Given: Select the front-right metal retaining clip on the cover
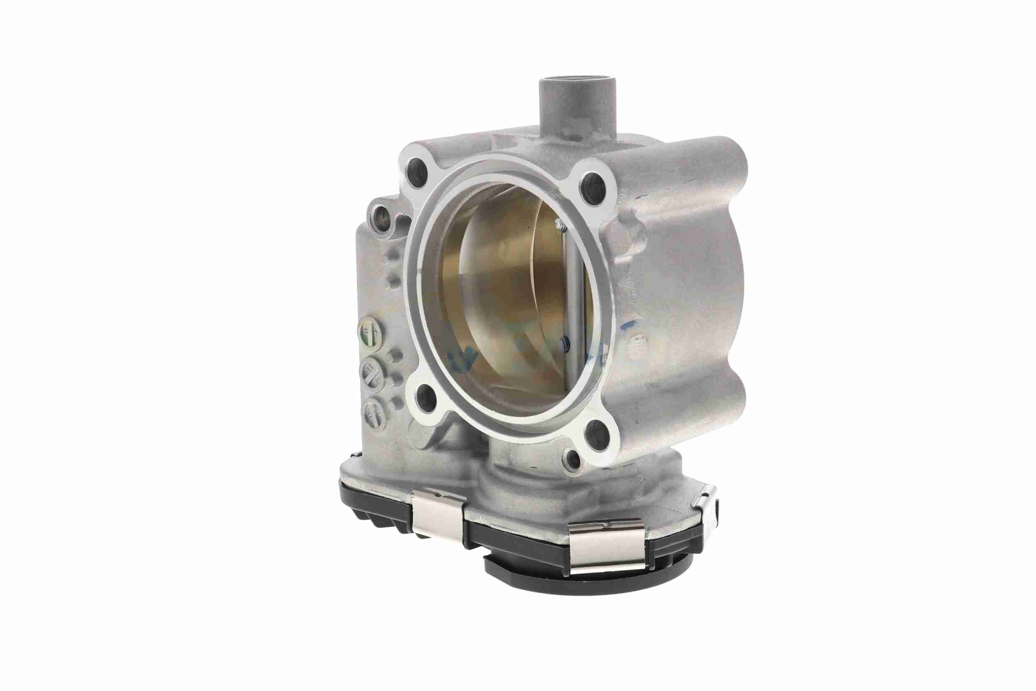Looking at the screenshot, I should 607,541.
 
